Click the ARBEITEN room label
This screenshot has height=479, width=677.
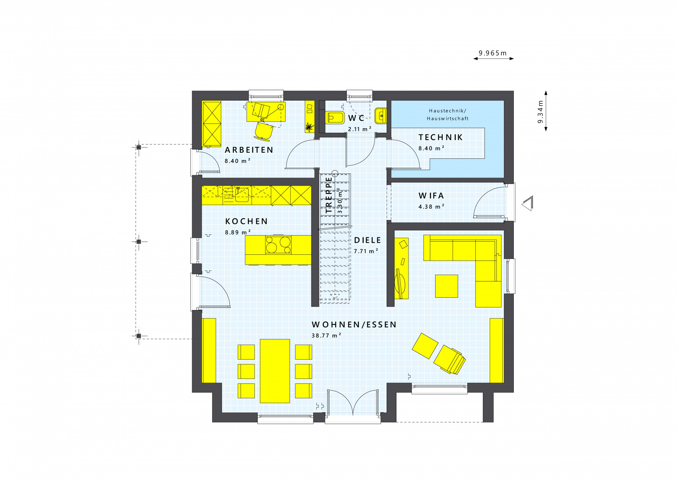pyautogui.click(x=249, y=150)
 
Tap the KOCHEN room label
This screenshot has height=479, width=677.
pyautogui.click(x=246, y=221)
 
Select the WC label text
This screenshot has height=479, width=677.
pyautogui.click(x=356, y=118)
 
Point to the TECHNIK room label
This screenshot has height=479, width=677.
pyautogui.click(x=440, y=137)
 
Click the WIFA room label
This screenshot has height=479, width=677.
pyautogui.click(x=431, y=196)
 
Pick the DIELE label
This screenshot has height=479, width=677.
pyautogui.click(x=367, y=240)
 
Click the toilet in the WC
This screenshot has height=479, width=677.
pyautogui.click(x=334, y=118)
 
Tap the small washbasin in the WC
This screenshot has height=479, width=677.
pyautogui.click(x=381, y=116)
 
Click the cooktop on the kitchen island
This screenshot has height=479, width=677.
pyautogui.click(x=278, y=245)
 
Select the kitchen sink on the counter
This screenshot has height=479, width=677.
pyautogui.click(x=242, y=195)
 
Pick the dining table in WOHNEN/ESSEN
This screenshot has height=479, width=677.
pyautogui.click(x=275, y=371)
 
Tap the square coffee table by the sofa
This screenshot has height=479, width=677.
pyautogui.click(x=446, y=286)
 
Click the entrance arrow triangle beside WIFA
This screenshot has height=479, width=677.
pyautogui.click(x=527, y=203)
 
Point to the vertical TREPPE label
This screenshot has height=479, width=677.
pyautogui.click(x=329, y=195)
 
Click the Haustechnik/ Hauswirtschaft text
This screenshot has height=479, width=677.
pyautogui.click(x=448, y=114)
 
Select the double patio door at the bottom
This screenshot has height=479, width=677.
pyautogui.click(x=353, y=403)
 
